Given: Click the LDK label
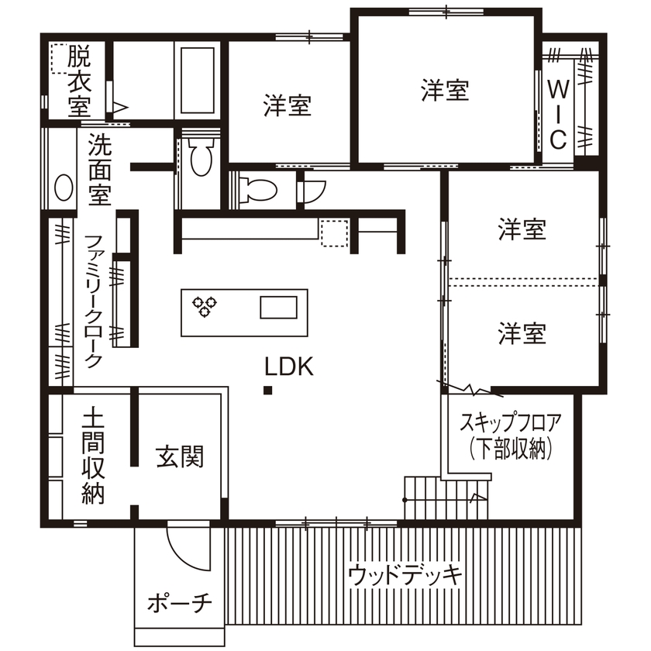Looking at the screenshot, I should (289, 367).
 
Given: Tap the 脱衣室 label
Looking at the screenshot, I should (78, 81).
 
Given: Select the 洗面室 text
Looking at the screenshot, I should (98, 170).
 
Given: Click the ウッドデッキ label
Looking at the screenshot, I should (405, 575).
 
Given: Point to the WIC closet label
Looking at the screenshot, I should (558, 113).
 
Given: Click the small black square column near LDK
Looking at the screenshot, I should (267, 390).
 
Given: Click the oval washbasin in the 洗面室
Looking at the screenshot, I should (61, 186).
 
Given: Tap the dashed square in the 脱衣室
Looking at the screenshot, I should (60, 57).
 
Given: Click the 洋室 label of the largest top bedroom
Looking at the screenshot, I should (445, 90).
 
